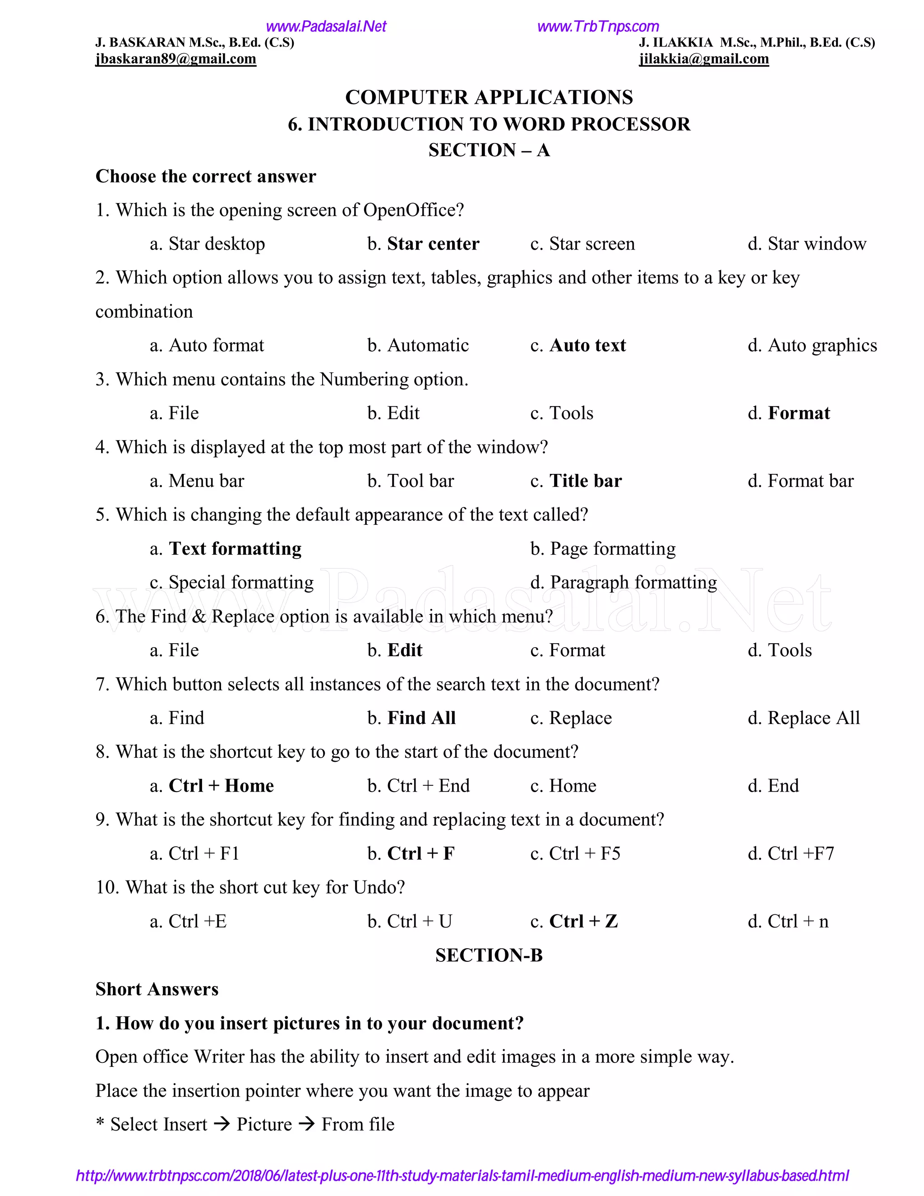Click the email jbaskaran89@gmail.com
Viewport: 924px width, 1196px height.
176,59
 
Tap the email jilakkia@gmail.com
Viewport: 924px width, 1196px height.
703,59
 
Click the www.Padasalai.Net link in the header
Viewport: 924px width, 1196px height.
326,26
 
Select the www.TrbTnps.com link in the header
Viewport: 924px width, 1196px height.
598,26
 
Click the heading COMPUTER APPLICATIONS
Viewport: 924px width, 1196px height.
489,97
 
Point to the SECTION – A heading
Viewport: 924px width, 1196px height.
489,150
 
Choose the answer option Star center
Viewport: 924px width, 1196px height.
433,244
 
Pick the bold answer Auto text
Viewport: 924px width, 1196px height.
587,346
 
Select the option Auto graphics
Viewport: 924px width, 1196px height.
822,346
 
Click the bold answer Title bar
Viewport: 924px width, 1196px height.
585,481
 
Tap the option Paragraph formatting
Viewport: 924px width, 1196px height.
633,582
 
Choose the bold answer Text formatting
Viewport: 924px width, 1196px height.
235,549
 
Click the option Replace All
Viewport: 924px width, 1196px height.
813,718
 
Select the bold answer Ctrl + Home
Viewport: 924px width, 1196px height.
221,786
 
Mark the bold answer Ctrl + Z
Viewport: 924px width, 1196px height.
583,922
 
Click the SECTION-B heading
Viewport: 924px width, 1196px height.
489,955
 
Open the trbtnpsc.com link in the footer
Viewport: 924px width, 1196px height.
462,1176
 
